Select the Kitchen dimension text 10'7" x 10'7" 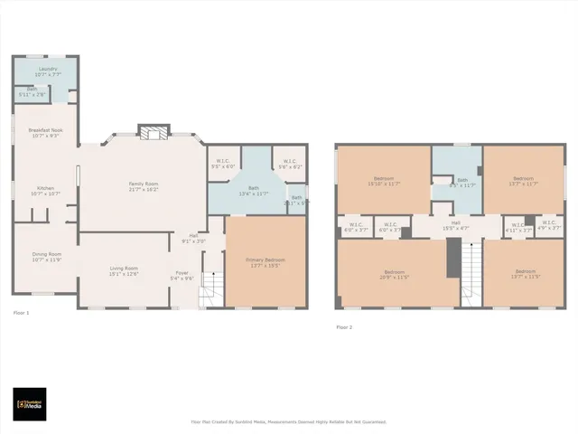tap(45, 193)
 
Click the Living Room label tap(124, 270)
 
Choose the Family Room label tap(144, 186)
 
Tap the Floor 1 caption tap(21, 313)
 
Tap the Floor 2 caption tap(343, 327)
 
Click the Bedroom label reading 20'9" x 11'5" tap(395, 274)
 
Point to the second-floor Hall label tap(455, 226)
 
